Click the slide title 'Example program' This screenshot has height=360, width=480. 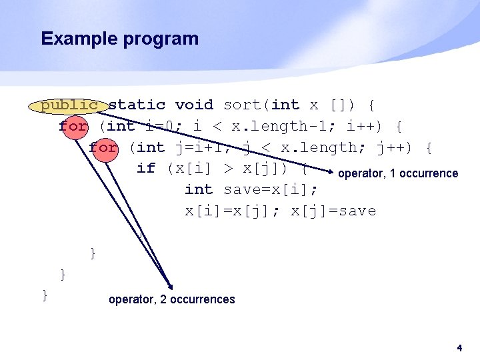(x=120, y=39)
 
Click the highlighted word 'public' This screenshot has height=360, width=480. (x=70, y=105)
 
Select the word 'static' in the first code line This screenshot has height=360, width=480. (x=137, y=105)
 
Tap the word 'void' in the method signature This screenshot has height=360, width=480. (x=194, y=105)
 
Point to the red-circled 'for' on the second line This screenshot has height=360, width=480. (x=73, y=126)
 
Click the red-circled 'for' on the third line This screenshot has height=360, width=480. (x=103, y=147)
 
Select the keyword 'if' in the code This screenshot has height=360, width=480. (x=145, y=169)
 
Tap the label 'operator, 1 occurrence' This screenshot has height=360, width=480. (x=398, y=174)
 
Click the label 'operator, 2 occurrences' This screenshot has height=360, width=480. (x=171, y=299)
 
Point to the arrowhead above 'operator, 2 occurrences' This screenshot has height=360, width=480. (x=169, y=283)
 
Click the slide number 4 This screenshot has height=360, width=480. (x=459, y=348)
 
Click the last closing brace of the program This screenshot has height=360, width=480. (x=45, y=295)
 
